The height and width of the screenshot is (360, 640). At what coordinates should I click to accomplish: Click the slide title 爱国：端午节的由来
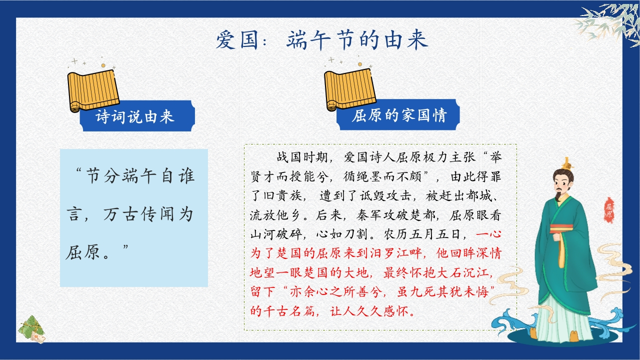[322, 40]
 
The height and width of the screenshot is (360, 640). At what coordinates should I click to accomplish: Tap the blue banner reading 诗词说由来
[137, 116]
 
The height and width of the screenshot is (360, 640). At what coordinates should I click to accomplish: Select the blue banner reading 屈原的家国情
[398, 115]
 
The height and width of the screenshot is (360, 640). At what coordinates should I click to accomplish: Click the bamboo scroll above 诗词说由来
[93, 91]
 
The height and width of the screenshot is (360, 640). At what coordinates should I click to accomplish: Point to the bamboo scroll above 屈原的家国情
[349, 89]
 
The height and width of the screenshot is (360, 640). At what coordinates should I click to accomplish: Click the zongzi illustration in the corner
[31, 329]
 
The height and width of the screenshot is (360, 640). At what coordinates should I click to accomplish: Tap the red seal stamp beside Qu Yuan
[608, 210]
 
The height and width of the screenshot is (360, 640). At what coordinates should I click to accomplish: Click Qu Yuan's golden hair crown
[567, 164]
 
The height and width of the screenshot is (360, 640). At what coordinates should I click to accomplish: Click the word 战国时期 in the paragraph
[301, 157]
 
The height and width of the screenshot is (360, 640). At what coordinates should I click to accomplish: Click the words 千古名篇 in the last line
[288, 311]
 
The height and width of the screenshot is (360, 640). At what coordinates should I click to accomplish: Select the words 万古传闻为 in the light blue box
[148, 214]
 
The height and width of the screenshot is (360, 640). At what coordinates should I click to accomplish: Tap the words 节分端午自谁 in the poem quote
[140, 175]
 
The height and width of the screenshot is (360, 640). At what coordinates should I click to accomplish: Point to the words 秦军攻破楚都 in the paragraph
[395, 215]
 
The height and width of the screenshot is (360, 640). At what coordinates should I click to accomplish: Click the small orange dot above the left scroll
[103, 65]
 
